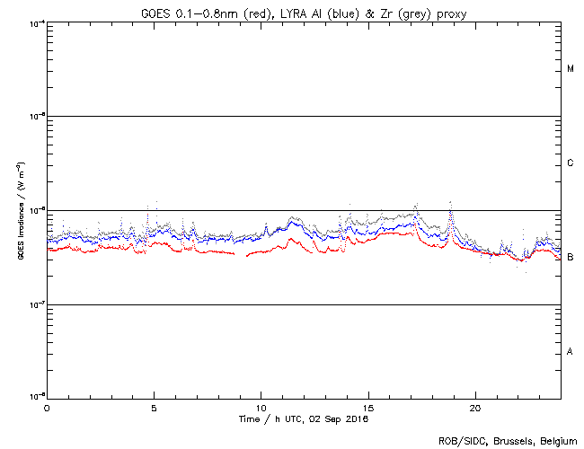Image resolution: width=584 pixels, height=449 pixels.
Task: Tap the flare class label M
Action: click(x=571, y=69)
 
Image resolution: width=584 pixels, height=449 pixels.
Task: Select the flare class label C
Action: click(x=571, y=163)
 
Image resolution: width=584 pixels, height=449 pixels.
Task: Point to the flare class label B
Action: click(x=571, y=258)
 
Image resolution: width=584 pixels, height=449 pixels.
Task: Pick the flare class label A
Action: click(x=571, y=352)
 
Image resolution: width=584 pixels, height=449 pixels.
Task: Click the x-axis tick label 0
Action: click(x=47, y=408)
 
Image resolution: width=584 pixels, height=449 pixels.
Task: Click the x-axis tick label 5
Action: click(x=154, y=408)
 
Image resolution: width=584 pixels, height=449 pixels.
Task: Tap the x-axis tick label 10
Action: click(x=261, y=408)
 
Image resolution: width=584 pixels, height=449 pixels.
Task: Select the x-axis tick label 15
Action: click(x=367, y=408)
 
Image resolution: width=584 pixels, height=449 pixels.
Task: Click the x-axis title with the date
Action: click(x=303, y=418)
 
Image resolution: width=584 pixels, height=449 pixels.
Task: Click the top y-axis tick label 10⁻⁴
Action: click(x=36, y=23)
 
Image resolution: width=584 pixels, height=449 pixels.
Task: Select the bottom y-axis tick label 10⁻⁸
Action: click(x=36, y=398)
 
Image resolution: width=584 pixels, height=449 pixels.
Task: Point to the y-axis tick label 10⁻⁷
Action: click(x=36, y=304)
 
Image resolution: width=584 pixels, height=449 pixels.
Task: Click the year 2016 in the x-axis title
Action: click(x=357, y=418)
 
